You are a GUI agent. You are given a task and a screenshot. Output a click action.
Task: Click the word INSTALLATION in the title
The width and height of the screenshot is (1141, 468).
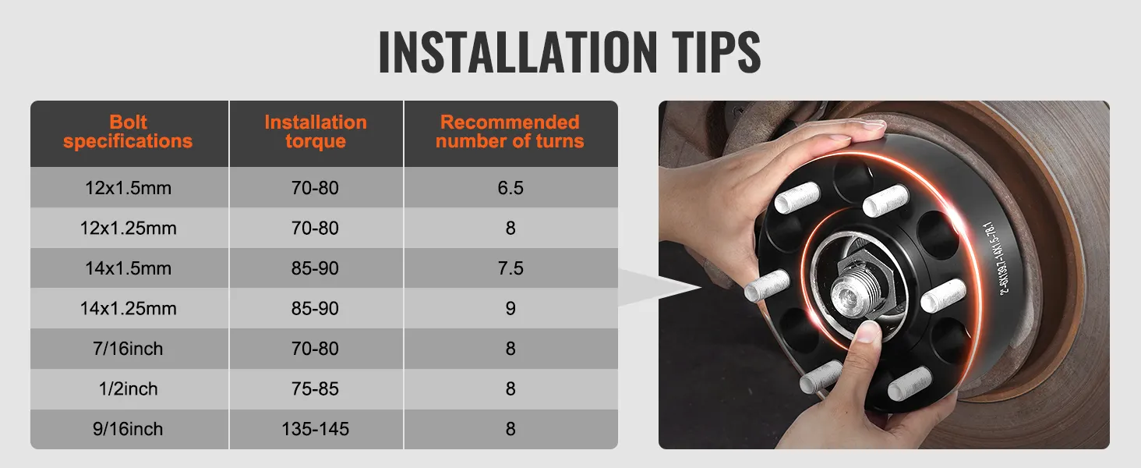518,52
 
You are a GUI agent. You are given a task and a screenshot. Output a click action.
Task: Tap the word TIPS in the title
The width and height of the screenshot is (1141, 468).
714,52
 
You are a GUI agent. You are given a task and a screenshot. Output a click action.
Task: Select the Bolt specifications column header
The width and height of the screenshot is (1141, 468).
128,132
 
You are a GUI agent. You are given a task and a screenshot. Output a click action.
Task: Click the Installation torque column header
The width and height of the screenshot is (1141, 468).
316,132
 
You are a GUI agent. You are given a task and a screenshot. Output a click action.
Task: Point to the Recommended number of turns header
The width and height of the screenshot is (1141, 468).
510,132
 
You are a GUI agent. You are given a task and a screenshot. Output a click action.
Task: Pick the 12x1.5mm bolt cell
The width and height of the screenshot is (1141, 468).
128,188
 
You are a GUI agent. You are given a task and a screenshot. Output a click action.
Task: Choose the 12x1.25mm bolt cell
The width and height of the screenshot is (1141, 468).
128,229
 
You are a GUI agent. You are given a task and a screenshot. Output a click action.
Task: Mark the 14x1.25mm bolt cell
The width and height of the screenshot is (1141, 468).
128,309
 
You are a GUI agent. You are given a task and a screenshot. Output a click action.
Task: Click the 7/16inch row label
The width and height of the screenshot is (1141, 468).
128,349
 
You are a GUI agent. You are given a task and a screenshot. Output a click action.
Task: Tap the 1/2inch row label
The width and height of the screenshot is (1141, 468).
128,388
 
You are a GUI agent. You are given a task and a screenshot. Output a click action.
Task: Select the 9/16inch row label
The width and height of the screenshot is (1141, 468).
128,429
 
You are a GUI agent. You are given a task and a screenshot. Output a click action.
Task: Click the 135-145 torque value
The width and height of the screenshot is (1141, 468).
316,429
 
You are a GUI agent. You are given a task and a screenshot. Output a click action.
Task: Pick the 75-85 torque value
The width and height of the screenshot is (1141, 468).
316,388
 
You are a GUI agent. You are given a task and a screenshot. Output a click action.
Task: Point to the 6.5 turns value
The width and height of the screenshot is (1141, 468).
510,188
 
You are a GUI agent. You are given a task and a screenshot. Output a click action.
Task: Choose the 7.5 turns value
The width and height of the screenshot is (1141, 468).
510,268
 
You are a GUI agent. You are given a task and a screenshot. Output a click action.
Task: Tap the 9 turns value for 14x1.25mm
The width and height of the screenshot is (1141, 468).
510,309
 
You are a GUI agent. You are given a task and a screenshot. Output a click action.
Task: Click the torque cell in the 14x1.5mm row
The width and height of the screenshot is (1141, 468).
316,268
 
